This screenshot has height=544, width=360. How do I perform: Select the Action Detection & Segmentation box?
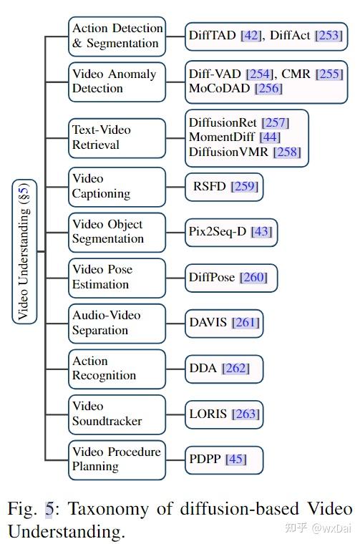coord(117,36)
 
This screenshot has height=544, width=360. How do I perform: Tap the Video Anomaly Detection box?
coord(117,81)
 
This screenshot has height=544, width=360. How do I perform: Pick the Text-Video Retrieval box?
coord(117,137)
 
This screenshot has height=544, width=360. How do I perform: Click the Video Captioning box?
coord(117,186)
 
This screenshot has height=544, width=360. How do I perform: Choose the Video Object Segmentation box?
coord(117,232)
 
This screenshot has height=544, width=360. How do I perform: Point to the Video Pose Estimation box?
coord(117,277)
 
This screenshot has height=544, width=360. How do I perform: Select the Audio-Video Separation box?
coord(117,323)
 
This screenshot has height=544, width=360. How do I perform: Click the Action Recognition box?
coord(117,368)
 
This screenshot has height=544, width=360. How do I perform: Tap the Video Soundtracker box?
coord(117,414)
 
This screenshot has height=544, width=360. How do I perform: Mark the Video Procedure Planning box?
coord(117,459)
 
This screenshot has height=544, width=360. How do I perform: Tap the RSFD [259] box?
coord(224,187)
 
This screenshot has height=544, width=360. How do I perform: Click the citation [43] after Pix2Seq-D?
coord(261,232)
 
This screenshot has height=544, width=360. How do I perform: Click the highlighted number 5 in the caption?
coord(49,510)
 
